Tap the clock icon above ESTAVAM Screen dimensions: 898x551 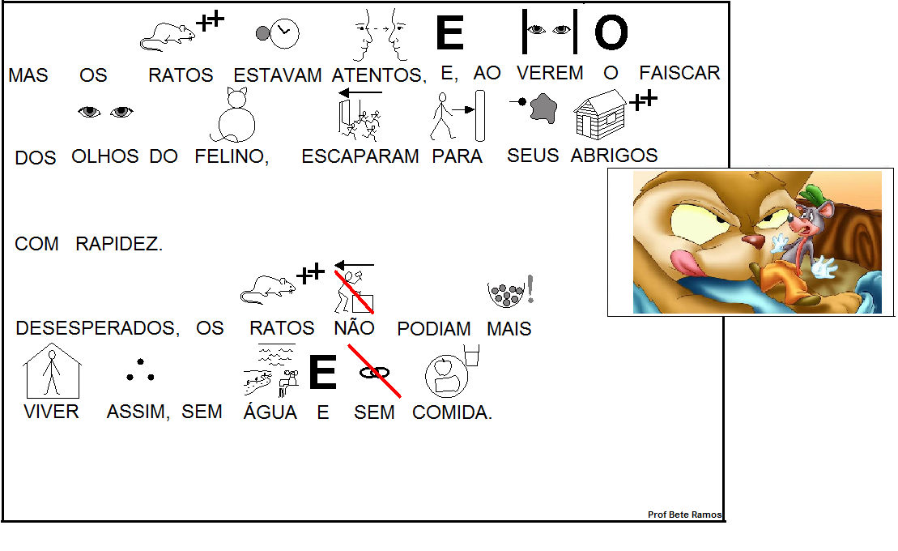click(279, 33)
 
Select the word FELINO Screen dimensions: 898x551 click(231, 156)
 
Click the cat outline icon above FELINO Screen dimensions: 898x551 click(234, 115)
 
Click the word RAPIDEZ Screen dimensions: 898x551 click(119, 244)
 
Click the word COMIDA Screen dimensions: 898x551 click(452, 412)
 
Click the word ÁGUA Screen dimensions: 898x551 click(270, 412)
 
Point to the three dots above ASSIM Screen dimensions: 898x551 click(139, 372)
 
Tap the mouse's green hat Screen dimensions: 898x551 click(813, 195)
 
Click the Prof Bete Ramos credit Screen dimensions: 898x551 click(684, 515)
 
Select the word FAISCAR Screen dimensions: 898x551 click(679, 73)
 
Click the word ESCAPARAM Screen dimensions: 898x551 click(360, 156)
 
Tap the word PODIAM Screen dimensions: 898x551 click(434, 328)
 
